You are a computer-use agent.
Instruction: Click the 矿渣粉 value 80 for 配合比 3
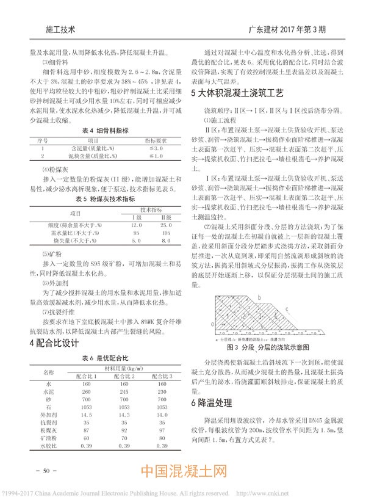[161, 438]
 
